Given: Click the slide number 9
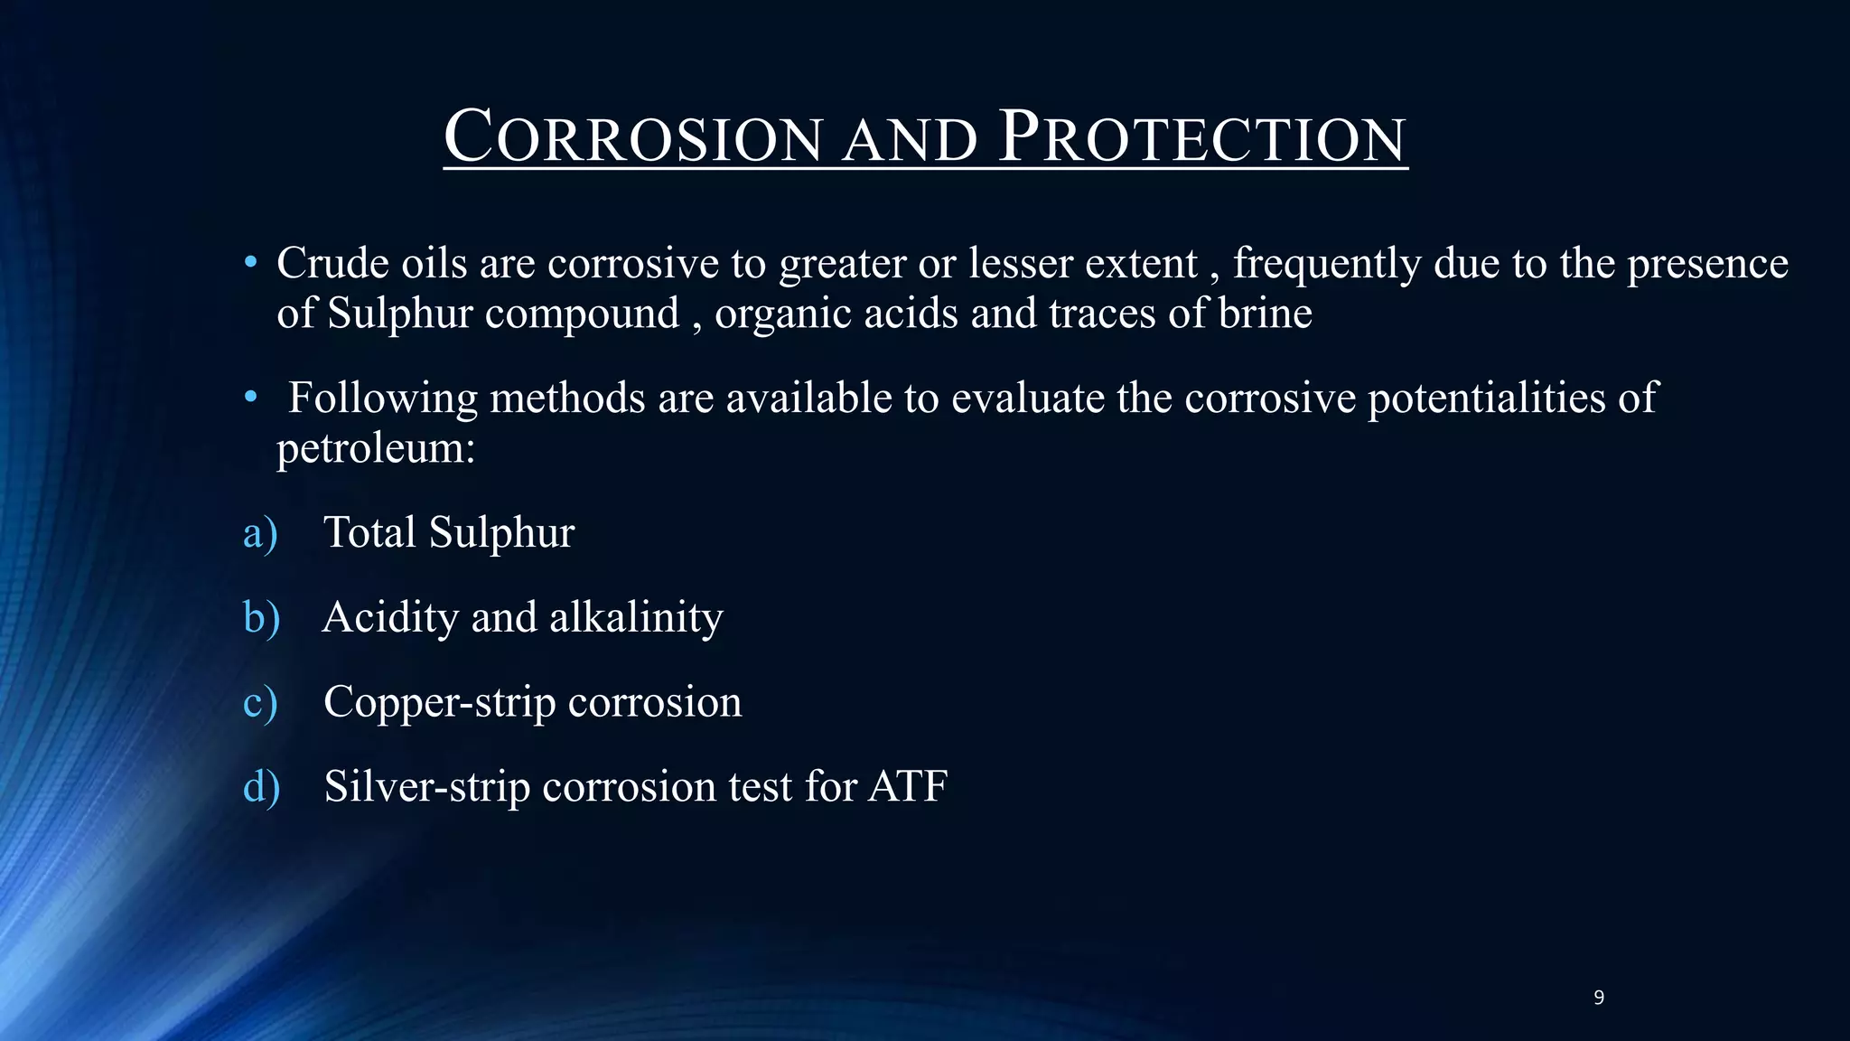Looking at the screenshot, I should coord(1599,998).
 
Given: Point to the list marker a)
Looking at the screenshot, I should coord(260,533).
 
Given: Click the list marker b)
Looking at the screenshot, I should coord(261,618).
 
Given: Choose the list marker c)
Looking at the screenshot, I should coord(260,703).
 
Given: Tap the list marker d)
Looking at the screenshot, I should coord(261,787).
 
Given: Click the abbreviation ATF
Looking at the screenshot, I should coord(908,786).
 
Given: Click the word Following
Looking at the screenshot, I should coord(382,399).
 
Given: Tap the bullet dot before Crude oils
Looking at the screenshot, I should coord(250,264).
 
